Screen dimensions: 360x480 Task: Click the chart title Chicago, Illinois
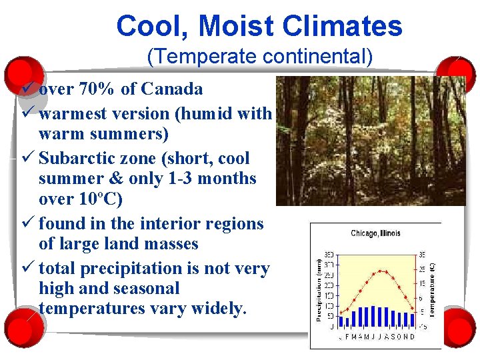click(375, 233)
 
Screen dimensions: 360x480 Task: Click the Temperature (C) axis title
click(433, 289)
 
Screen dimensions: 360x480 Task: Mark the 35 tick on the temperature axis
click(421, 255)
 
